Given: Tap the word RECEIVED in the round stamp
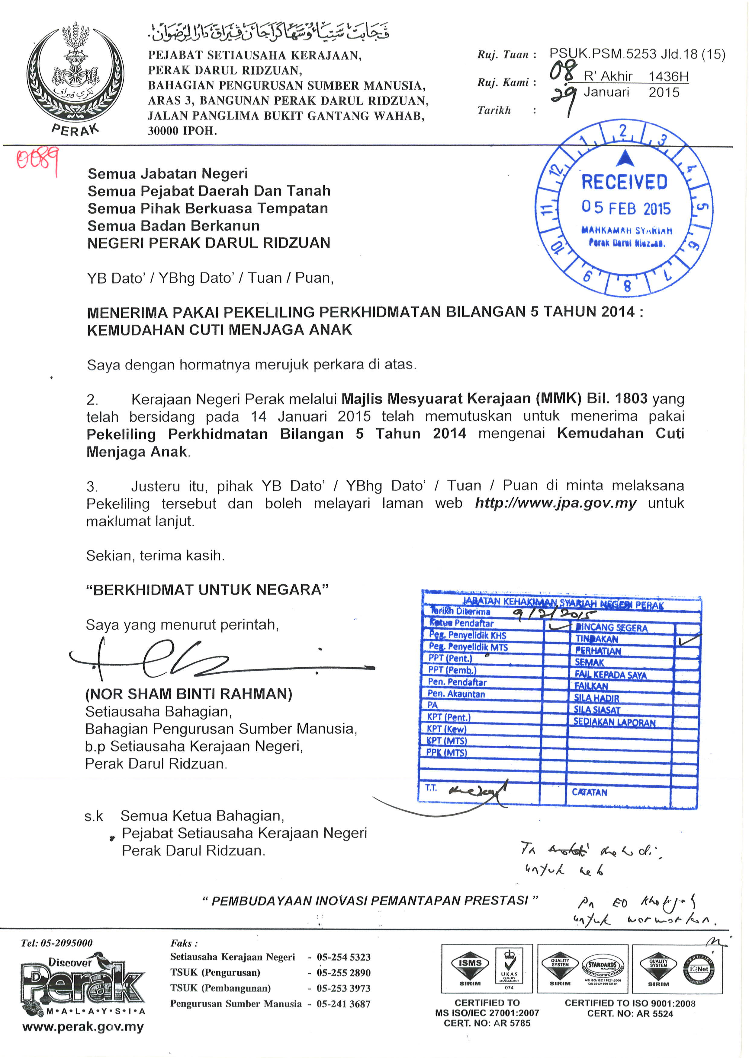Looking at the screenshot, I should click(x=624, y=182).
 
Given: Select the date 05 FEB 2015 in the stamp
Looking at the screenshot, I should click(x=626, y=208).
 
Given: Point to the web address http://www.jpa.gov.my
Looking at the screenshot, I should click(x=555, y=503).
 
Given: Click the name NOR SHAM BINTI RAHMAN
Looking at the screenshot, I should click(x=189, y=694).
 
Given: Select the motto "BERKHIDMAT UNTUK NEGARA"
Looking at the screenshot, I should click(x=207, y=590).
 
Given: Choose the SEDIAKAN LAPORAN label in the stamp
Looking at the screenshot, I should click(x=614, y=722).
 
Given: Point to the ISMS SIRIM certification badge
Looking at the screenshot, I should click(x=470, y=968).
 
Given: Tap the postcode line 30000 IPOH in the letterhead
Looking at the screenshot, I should click(x=182, y=131).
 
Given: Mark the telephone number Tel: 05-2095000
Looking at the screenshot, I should click(x=57, y=943).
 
